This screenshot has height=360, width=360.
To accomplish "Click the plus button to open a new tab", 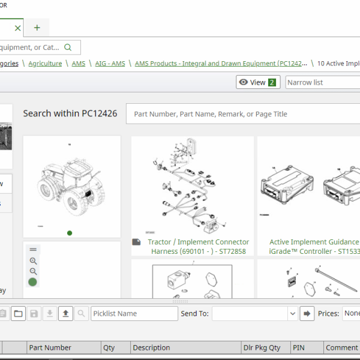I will point(37,28).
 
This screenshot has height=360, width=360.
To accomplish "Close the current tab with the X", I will point(17,28).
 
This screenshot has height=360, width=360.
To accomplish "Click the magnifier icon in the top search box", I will point(68,47).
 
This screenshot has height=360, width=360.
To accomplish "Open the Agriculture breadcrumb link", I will point(45,63).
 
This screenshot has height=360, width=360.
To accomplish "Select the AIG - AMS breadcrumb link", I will point(110,63).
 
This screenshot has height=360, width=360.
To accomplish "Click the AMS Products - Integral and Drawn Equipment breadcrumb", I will point(221,63).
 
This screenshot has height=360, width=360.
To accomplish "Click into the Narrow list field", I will point(322,82).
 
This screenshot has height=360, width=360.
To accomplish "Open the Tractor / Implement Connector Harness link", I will point(198,247).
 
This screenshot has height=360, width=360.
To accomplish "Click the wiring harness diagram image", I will point(192,187).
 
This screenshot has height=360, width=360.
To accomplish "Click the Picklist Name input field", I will point(134,313).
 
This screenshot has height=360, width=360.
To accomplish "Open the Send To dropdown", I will point(255,313).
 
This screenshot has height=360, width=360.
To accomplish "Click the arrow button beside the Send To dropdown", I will point(307,313).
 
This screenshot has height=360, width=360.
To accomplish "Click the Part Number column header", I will point(50,347).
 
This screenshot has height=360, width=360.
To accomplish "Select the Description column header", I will point(151,347).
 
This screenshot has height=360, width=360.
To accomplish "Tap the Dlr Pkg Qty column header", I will point(262,347).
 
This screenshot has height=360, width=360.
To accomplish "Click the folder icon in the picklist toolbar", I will point(18,313).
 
